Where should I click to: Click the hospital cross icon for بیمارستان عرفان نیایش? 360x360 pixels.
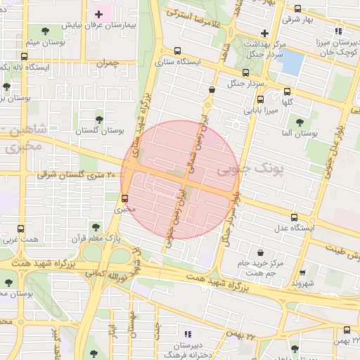click(98, 14)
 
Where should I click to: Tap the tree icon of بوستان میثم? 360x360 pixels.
click(46, 30)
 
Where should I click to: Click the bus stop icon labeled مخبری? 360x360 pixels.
click(125, 198)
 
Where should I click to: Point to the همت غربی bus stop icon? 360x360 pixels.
click(20, 229)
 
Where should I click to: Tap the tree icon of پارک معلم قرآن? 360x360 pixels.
click(96, 228)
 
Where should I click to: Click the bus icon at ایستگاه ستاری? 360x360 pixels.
click(176, 51)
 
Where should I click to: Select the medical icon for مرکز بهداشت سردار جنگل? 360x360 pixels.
click(264, 32)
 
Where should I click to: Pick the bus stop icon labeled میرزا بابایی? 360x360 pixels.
click(260, 99)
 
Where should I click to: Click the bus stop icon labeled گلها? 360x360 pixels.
click(287, 91)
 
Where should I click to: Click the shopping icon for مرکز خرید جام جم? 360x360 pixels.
click(261, 252)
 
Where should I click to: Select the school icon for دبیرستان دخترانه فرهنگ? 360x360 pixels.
click(187, 334)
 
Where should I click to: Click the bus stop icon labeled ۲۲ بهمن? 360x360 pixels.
click(347, 330)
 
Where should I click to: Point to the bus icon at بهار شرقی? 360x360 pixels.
click(297, 9)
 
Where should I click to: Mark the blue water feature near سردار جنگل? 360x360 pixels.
click(290, 63)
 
